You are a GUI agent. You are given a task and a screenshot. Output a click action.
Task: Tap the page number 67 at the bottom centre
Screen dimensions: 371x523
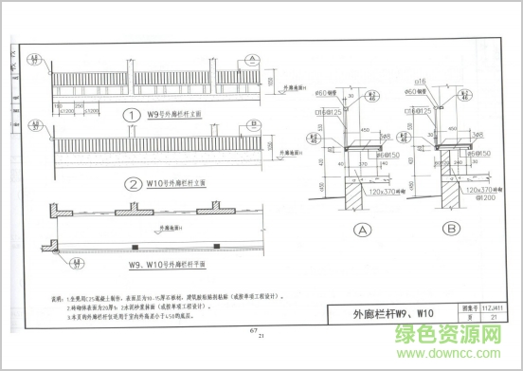[253, 330]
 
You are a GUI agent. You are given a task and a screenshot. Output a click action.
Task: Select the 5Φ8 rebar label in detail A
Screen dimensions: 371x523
[386, 136]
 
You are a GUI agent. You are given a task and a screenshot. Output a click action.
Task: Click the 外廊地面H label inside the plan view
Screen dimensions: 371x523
[174, 228]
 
